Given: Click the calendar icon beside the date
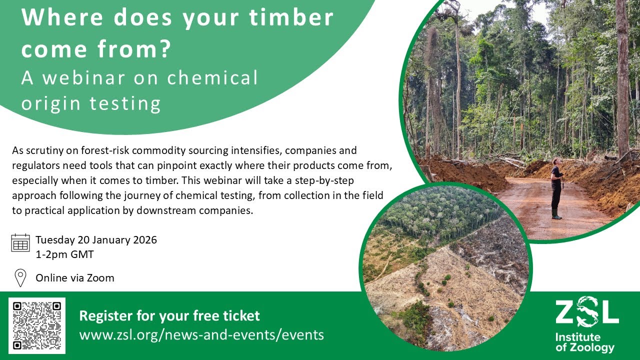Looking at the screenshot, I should click(20, 242).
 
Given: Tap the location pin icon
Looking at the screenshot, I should click(20, 277).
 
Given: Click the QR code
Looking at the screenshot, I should click(37, 325).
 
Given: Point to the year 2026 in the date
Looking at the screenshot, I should click(145, 239).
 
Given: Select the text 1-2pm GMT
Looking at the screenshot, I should click(64, 254).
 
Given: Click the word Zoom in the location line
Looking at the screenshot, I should click(101, 277).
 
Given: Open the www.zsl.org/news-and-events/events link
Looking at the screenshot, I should click(201, 334).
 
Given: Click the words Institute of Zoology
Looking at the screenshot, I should click(584, 342).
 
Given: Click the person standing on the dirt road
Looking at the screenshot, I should click(556, 187).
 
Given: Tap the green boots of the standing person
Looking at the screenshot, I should click(556, 214).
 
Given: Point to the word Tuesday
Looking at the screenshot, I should click(55, 239).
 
